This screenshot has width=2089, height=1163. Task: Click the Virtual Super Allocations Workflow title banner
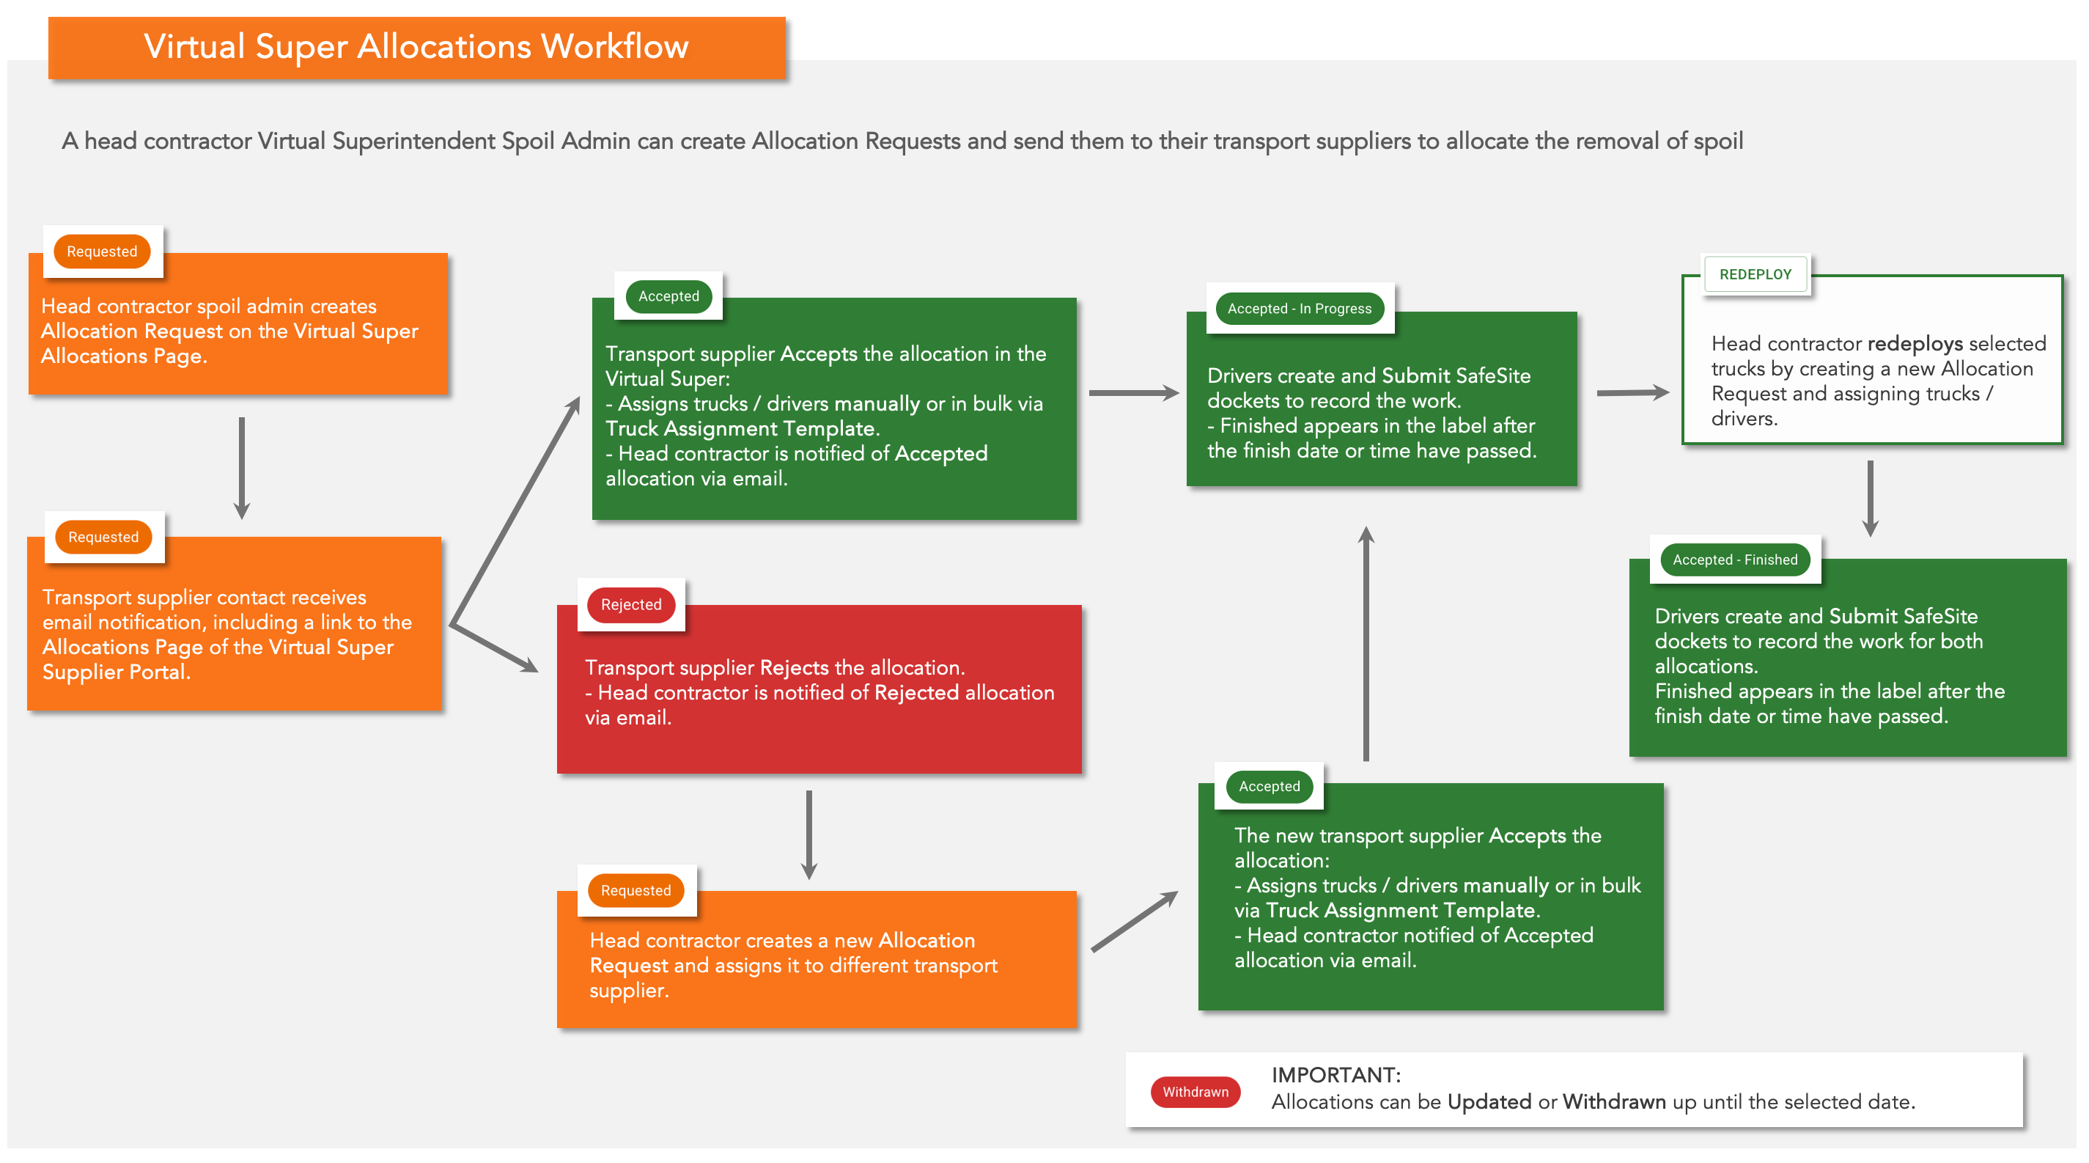pyautogui.click(x=417, y=47)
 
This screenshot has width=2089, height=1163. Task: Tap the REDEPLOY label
pyautogui.click(x=1755, y=274)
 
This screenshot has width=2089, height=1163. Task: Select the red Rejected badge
pyautogui.click(x=631, y=604)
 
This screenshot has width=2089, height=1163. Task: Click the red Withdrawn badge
pyautogui.click(x=1195, y=1092)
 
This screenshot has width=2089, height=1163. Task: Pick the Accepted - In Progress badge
pyautogui.click(x=1299, y=308)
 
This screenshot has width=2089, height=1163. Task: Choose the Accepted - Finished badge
pyautogui.click(x=1735, y=560)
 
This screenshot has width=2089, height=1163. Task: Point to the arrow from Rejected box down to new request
pyautogui.click(x=808, y=834)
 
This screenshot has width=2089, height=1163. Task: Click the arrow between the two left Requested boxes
pyautogui.click(x=242, y=468)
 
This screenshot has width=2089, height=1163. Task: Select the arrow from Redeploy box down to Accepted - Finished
pyautogui.click(x=1870, y=499)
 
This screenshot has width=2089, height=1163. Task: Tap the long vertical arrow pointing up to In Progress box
pyautogui.click(x=1366, y=643)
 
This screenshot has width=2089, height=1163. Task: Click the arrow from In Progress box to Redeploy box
pyautogui.click(x=1633, y=392)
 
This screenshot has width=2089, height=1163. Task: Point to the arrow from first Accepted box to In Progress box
pyautogui.click(x=1134, y=392)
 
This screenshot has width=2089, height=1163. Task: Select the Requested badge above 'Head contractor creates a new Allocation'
pyautogui.click(x=635, y=890)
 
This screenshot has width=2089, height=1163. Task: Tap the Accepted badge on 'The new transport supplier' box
pyautogui.click(x=1269, y=786)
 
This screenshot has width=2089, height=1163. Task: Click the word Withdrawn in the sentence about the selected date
pyautogui.click(x=1614, y=1101)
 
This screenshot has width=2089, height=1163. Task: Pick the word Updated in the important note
pyautogui.click(x=1489, y=1102)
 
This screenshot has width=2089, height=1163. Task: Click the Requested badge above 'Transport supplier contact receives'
pyautogui.click(x=103, y=537)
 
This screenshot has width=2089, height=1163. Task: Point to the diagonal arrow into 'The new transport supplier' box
pyautogui.click(x=1135, y=920)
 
